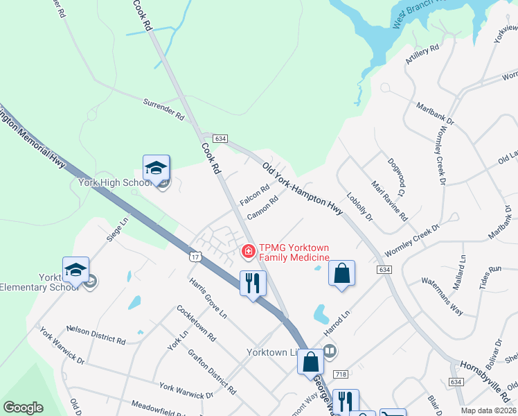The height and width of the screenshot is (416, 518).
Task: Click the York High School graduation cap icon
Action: (157, 167)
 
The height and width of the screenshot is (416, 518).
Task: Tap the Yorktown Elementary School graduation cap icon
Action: (75, 269)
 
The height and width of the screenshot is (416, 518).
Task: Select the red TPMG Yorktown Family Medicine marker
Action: (247, 251)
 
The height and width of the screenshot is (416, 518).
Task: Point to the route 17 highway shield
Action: (196, 257)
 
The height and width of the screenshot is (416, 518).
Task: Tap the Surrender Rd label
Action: (163, 109)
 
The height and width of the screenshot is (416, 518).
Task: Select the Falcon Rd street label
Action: (254, 195)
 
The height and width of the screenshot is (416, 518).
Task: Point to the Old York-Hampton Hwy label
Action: (303, 188)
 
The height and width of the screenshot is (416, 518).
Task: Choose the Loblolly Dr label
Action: (360, 206)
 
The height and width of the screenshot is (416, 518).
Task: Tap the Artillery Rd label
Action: (422, 55)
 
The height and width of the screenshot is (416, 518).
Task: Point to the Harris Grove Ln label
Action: (208, 298)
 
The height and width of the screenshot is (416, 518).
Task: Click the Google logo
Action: (23, 408)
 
